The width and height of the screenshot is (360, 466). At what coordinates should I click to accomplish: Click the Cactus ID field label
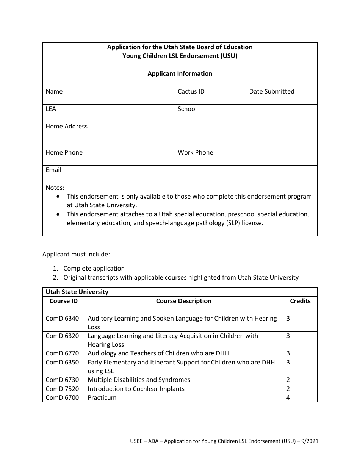click(191, 92)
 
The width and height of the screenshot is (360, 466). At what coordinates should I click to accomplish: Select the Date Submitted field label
click(271, 92)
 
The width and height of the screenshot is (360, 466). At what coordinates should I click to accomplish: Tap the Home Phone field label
click(64, 153)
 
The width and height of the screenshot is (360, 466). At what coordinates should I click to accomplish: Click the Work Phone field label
click(195, 153)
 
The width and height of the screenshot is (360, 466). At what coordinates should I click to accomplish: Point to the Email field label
click(53, 170)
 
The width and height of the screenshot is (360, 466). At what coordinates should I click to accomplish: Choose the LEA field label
click(51, 109)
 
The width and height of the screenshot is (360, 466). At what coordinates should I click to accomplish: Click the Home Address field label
click(66, 127)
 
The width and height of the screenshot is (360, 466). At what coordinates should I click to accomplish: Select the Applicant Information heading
click(180, 74)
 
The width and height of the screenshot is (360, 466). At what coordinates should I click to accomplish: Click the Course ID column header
click(63, 301)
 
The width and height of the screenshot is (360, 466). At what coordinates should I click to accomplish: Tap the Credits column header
click(300, 301)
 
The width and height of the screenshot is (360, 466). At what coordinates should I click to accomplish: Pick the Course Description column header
click(184, 301)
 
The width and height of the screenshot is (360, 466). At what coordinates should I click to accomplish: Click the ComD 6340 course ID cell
click(62, 319)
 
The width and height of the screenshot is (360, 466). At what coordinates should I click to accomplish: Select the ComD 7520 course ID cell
click(62, 389)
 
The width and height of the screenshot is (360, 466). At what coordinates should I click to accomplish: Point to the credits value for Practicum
click(288, 397)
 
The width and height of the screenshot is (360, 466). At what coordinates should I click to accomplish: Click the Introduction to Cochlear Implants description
click(136, 389)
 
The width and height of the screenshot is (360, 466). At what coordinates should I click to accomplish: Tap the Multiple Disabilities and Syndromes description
click(139, 380)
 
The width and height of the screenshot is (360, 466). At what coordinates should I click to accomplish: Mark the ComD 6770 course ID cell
click(62, 353)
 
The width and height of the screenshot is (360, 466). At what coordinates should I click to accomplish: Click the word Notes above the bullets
click(55, 188)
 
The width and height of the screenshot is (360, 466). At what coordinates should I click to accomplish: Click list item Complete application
click(94, 269)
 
